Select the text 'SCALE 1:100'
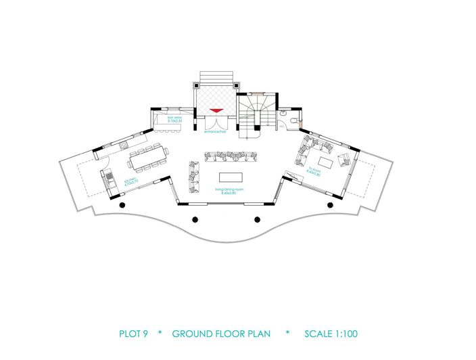(331, 334)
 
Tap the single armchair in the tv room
(344, 160)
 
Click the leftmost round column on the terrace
(122, 204)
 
